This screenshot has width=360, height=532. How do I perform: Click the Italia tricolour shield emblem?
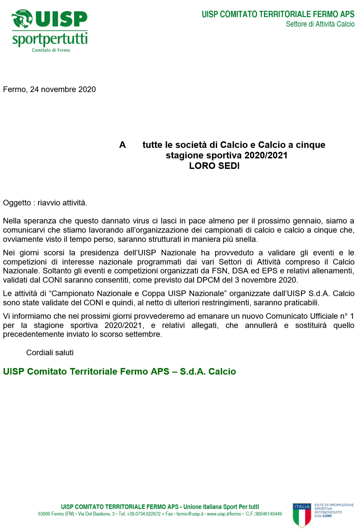click(x=302, y=515)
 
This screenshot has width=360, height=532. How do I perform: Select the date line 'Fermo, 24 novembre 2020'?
click(x=49, y=89)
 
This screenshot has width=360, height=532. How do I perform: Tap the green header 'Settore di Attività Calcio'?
click(x=320, y=24)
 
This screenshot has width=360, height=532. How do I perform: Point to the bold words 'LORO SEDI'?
click(x=214, y=166)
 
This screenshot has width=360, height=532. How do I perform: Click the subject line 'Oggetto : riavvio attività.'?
click(x=45, y=203)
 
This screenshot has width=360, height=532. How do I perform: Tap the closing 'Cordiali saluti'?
click(x=50, y=352)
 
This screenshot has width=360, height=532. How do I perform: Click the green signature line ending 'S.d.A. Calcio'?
click(x=120, y=371)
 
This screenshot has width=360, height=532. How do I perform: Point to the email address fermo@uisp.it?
click(x=190, y=514)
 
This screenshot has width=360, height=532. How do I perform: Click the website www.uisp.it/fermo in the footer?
click(x=224, y=514)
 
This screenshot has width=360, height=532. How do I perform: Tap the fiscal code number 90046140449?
click(x=268, y=514)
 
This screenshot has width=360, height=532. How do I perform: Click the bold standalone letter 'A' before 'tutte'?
click(x=123, y=145)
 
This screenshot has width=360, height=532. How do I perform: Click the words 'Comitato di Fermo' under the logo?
click(x=51, y=50)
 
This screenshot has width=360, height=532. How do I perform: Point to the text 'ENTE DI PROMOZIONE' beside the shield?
click(x=334, y=505)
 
